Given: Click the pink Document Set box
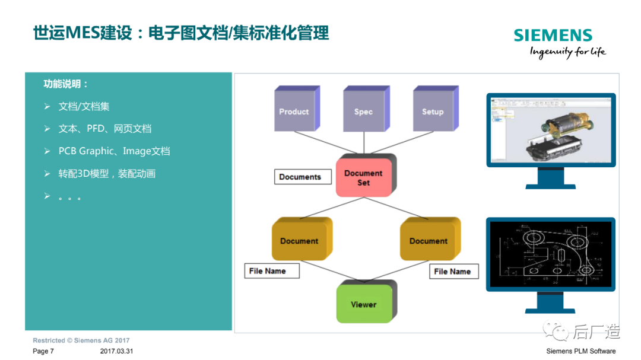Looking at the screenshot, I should click(363, 177).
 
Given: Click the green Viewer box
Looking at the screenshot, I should click(364, 304).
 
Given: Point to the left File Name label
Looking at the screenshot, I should click(271, 271).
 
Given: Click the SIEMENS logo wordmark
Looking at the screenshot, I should click(553, 35).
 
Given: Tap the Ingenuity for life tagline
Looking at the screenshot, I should click(567, 52).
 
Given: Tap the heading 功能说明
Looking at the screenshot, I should click(66, 84).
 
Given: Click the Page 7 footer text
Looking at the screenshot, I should click(43, 351).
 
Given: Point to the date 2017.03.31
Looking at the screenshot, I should click(117, 351).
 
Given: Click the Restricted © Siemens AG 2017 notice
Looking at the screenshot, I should click(81, 340).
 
